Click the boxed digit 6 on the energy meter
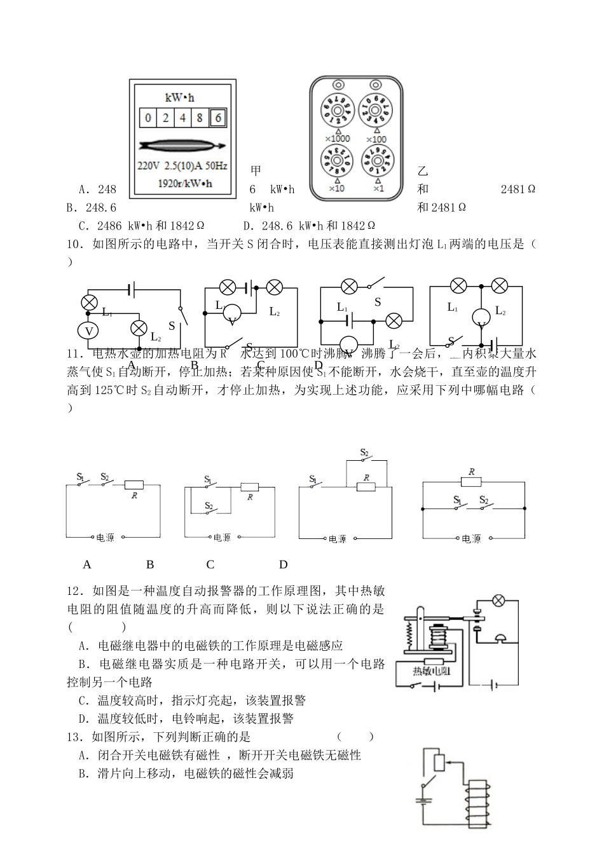coord(218,118)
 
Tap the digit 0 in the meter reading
coord(148,118)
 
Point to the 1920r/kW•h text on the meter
coord(185,184)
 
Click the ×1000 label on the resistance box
coord(337,139)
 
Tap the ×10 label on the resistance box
coord(337,188)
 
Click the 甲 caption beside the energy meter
coord(256,171)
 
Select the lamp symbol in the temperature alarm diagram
coord(500,600)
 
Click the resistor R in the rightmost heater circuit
coord(472,482)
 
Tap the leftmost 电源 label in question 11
coord(105,538)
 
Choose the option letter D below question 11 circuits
coord(284,564)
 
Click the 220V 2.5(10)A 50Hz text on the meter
coord(183,167)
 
